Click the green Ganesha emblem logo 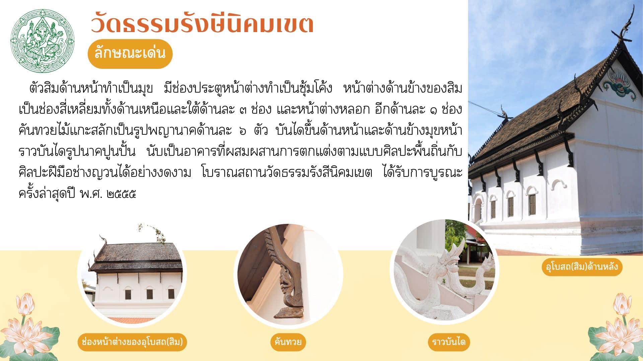[42, 40]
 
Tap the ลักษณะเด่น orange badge [130, 53]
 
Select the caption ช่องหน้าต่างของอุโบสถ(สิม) [132, 342]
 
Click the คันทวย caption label [288, 342]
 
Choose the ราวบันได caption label [449, 342]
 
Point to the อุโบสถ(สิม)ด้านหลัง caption [582, 267]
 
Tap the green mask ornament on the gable [620, 84]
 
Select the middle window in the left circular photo [149, 294]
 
